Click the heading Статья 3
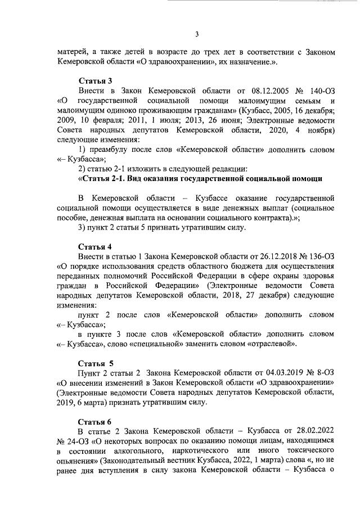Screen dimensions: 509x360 tap(95, 80)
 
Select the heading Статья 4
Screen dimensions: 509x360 tap(95, 246)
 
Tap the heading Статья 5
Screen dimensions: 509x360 tap(96, 363)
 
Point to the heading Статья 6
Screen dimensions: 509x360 tap(95, 421)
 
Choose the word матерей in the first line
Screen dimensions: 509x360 tap(73, 52)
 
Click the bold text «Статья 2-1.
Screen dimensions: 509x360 tap(108, 179)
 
